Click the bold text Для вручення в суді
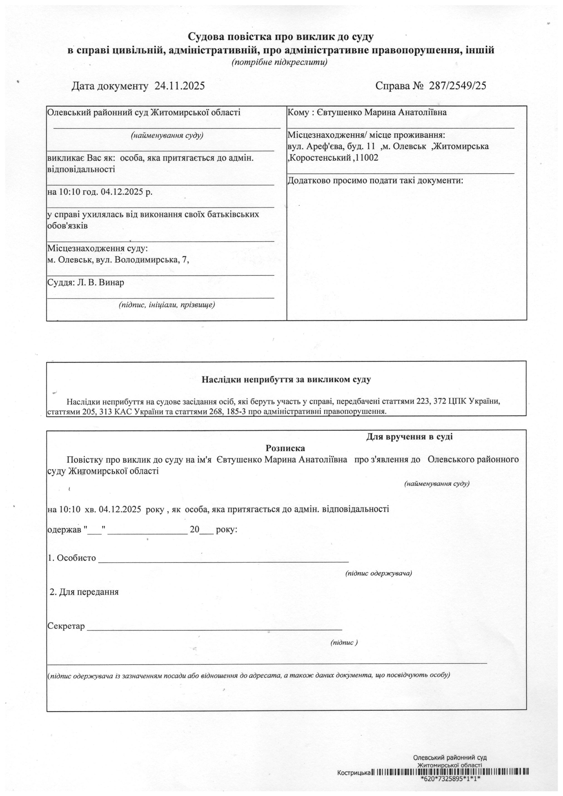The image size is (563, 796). [x=409, y=437]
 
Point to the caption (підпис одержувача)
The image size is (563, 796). [x=379, y=573]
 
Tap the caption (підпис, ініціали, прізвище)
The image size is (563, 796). [x=167, y=305]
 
